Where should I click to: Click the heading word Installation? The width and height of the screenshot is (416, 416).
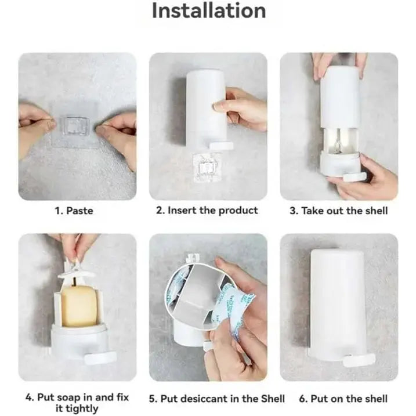(209, 11)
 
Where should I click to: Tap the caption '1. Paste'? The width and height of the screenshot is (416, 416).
(74, 211)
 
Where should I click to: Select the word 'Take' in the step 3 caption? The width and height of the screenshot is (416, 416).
(312, 211)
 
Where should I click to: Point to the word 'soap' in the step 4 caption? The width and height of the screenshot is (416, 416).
(68, 397)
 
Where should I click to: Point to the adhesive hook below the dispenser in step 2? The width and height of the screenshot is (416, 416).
(207, 167)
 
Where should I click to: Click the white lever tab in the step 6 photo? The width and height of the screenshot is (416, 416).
(358, 360)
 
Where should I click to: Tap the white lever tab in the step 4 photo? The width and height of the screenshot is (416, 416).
(100, 357)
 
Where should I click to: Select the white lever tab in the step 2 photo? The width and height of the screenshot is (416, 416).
(221, 146)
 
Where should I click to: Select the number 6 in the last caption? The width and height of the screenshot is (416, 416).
(303, 399)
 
